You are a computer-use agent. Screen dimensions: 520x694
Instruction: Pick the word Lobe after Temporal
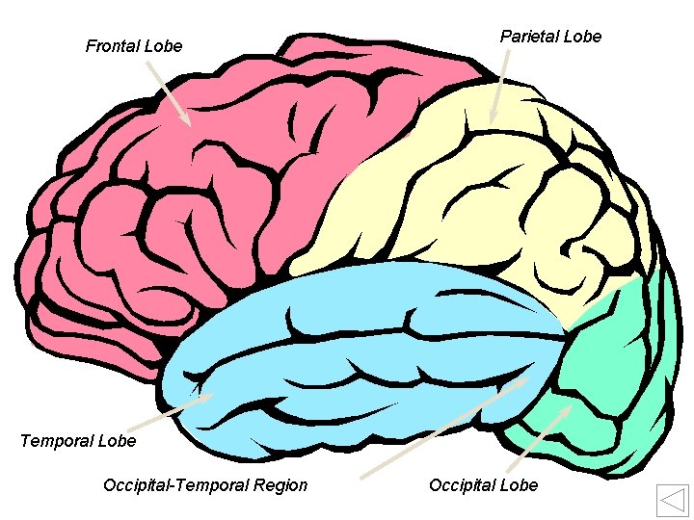point(116,441)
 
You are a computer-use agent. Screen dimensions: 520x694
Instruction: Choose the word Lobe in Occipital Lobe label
point(520,484)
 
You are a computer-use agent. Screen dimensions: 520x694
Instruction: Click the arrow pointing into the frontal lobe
point(169,93)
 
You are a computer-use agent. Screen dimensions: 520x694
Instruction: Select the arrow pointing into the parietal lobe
point(499,87)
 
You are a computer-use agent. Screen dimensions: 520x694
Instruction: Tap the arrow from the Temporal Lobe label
point(168,412)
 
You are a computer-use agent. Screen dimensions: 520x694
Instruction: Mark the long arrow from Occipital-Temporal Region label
point(443,428)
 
